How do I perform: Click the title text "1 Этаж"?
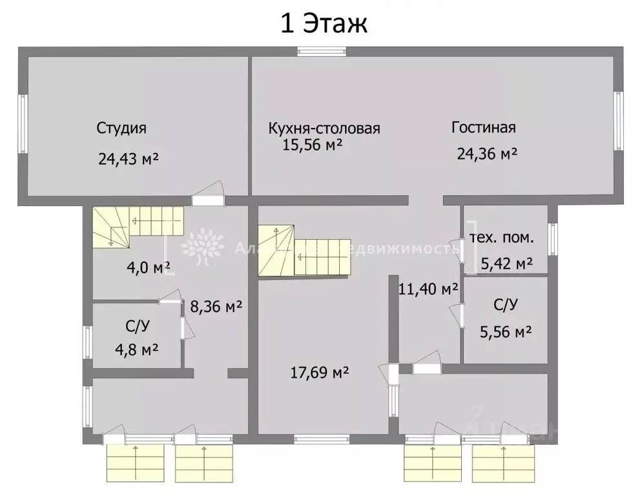point(323,23)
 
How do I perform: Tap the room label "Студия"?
point(121,128)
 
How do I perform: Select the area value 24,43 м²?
point(129,158)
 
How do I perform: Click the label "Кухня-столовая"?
point(324,128)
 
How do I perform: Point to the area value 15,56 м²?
point(312,145)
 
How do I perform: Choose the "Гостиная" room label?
point(483,127)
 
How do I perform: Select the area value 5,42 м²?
point(506,263)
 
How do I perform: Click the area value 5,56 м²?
point(506,332)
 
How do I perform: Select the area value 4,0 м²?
point(148,266)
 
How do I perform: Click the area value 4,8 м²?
point(137,349)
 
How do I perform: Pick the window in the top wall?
point(318,51)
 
